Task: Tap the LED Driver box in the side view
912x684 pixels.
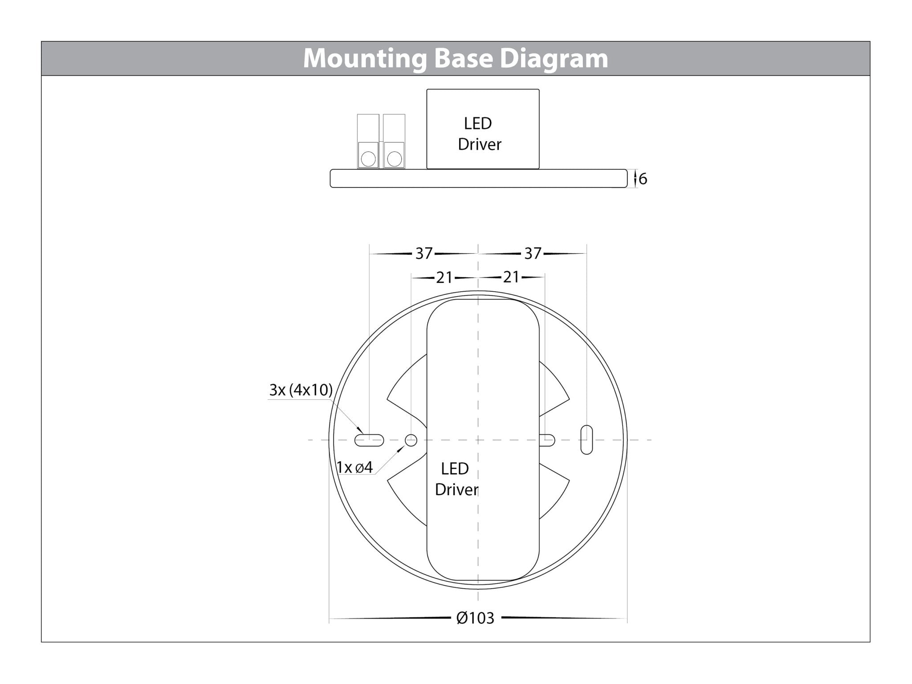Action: pos(483,129)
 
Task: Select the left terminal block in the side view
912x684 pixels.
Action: pos(368,141)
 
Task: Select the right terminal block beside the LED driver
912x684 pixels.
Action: pos(394,141)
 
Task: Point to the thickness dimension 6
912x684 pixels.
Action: pos(643,179)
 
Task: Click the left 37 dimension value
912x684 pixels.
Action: pos(423,254)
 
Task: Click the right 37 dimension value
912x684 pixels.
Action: pos(533,254)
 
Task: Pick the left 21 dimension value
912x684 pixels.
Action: pos(444,278)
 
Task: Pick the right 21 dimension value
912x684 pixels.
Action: pos(511,277)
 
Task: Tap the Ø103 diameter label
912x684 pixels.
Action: pos(475,618)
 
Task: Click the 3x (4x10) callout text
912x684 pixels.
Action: pos(301,390)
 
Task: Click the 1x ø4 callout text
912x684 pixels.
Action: pos(354,468)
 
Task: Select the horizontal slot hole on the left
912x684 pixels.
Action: pos(369,440)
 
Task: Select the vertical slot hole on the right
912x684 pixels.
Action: pos(586,440)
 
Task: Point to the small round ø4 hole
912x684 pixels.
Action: pos(411,440)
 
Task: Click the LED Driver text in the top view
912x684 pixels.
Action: pos(456,479)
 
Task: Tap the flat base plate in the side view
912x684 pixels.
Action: pos(478,179)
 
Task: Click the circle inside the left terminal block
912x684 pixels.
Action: pos(368,159)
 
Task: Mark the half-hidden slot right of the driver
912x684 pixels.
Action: pos(547,440)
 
